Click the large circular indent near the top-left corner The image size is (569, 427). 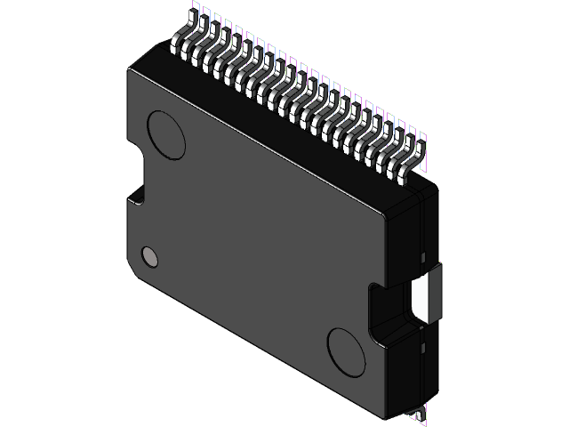(x=165, y=133)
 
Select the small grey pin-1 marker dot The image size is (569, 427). (x=150, y=257)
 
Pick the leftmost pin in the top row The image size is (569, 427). (x=189, y=44)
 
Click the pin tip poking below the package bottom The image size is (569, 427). (x=418, y=415)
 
